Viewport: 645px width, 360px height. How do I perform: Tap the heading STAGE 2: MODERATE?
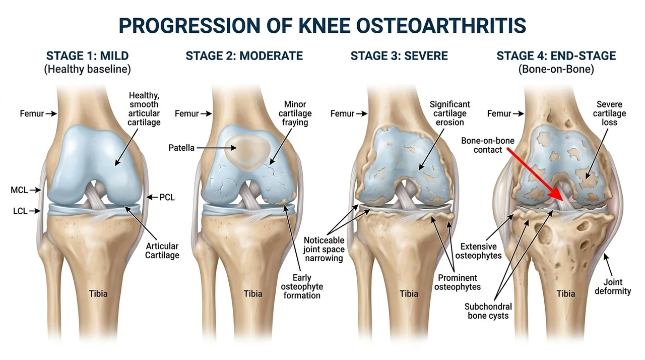(244, 55)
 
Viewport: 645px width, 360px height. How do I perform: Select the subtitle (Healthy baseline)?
(87, 70)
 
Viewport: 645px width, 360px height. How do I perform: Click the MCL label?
(19, 190)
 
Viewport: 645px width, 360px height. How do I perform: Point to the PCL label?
(167, 197)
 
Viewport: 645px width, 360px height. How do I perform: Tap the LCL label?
(20, 211)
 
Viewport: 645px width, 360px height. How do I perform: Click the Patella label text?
(181, 148)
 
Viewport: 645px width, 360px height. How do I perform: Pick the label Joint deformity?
(613, 286)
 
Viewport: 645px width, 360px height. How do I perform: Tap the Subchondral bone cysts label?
(488, 311)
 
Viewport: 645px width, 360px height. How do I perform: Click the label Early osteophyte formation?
(302, 286)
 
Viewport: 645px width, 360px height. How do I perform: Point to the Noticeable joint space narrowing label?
(324, 249)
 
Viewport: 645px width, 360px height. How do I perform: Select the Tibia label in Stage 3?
(409, 294)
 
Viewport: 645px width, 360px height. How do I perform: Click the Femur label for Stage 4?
(499, 113)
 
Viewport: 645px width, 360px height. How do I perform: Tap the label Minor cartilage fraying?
(295, 113)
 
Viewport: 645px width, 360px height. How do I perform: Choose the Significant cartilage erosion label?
(450, 113)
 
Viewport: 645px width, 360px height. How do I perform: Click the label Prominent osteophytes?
(457, 282)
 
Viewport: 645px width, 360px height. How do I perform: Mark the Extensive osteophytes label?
(478, 251)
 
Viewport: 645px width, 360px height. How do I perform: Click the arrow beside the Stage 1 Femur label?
(51, 114)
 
